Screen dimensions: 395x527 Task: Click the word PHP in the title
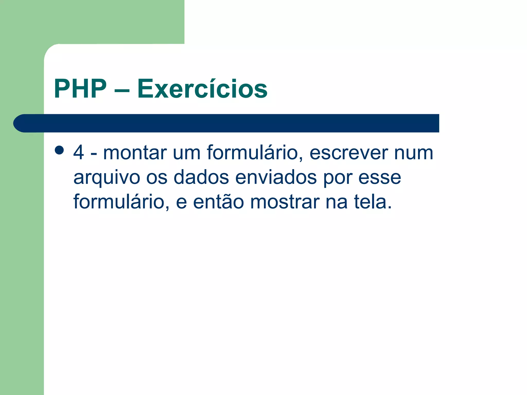[x=80, y=89]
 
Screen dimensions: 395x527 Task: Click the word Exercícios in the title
[x=202, y=89]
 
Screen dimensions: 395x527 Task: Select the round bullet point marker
[x=59, y=150]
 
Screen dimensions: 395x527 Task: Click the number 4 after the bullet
[x=78, y=152]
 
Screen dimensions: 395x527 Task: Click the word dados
[x=201, y=177]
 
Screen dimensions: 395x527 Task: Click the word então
[x=218, y=202]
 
